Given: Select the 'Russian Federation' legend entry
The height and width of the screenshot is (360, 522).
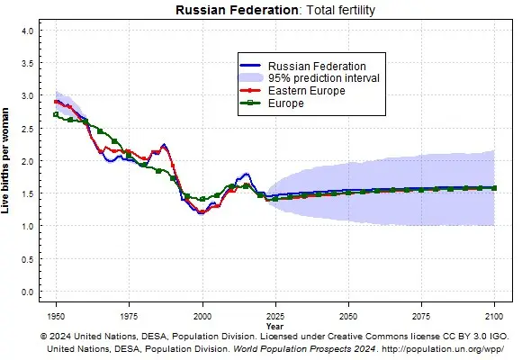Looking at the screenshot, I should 305,66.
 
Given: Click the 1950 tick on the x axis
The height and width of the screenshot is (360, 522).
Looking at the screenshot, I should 56,317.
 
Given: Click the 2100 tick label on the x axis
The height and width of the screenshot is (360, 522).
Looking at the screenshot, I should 494,317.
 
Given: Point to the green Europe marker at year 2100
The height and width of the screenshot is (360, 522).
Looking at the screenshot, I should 494,188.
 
